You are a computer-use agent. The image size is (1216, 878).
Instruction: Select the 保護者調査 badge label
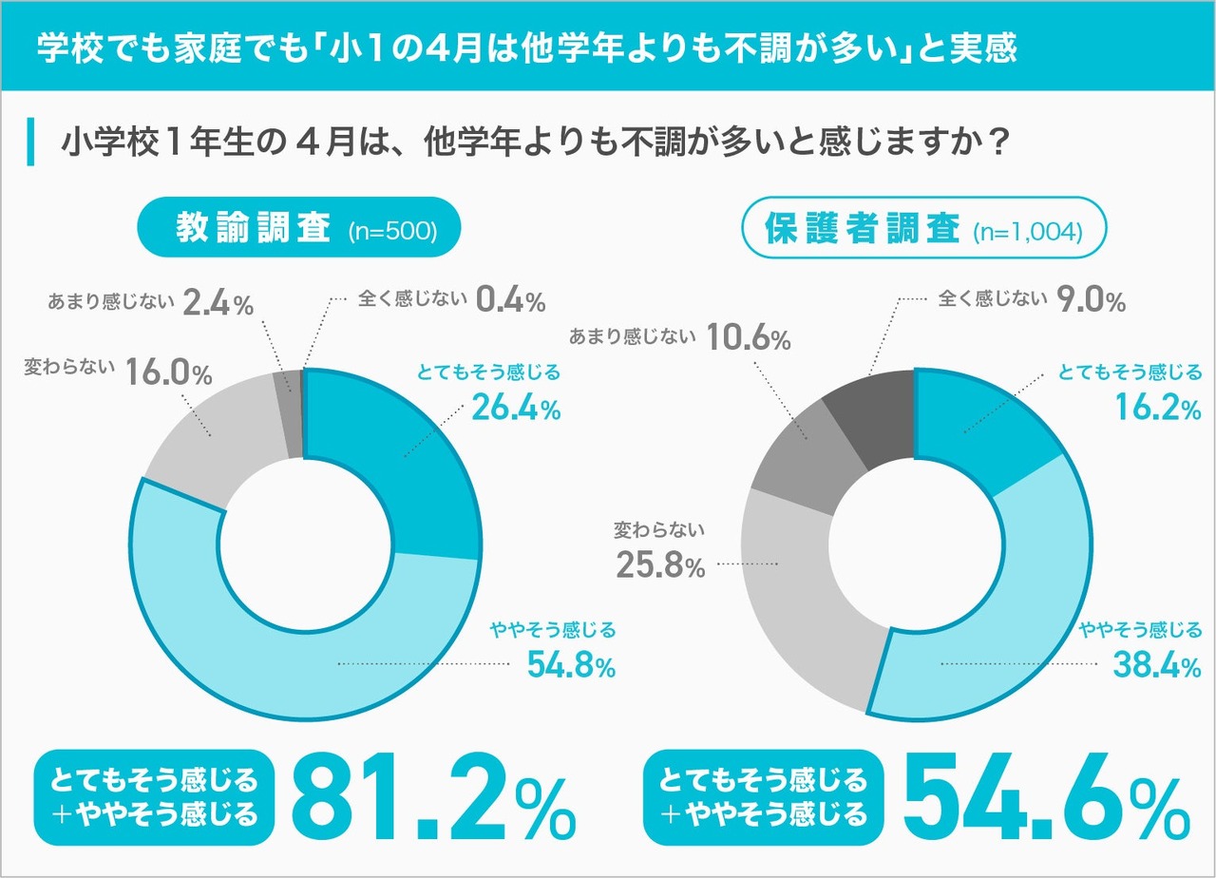click(x=864, y=229)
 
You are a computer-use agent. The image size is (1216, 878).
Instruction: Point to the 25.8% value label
click(x=658, y=567)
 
